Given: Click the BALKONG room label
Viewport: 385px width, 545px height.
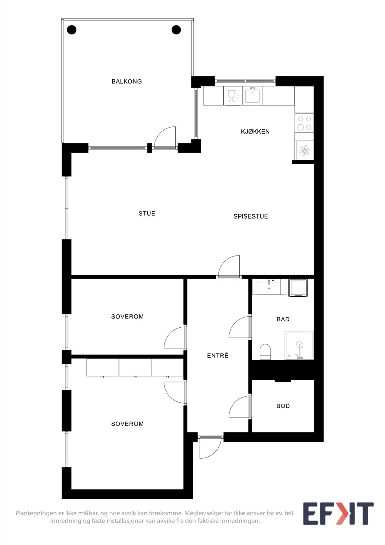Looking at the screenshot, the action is coord(127,81).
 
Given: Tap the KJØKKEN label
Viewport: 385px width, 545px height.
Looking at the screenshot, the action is coord(255,131).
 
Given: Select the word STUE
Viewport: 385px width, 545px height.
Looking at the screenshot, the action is coord(147,214).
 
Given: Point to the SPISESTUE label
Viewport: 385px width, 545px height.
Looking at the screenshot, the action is coord(251,216).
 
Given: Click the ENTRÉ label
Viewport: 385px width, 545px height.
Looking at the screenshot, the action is coord(218,356).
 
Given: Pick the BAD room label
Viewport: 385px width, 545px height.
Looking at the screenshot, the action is coord(283,319).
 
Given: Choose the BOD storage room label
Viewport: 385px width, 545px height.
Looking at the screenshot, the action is coord(283,406).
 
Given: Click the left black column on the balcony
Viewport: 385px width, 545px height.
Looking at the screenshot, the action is coord(71,30).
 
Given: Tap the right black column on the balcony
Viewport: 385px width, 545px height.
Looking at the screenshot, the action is coord(176,30).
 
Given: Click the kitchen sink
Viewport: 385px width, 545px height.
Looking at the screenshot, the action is coord(253,96).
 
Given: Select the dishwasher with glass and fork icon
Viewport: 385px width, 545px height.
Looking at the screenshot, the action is coord(233,96).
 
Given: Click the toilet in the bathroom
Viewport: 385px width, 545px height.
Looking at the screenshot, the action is coord(265,352).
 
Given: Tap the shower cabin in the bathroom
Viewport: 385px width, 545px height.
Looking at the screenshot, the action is coord(299,345).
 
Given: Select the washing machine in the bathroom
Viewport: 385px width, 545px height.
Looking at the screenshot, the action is coord(298,288).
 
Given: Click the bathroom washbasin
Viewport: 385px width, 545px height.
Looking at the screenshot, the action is coord(269,287).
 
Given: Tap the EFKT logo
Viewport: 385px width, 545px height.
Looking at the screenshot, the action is coord(338,513).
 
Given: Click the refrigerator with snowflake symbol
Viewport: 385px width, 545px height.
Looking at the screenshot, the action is coord(304,150).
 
